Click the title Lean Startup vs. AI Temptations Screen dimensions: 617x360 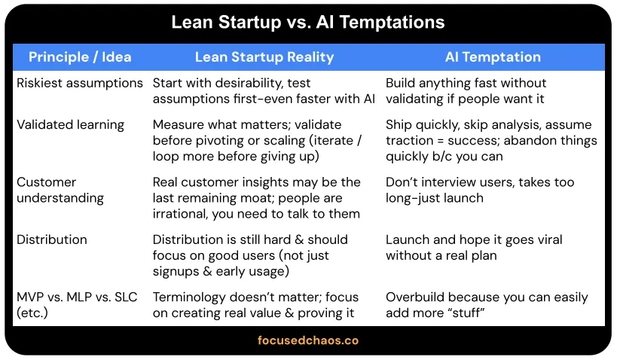pyautogui.click(x=308, y=23)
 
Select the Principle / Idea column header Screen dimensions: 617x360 pyautogui.click(x=80, y=57)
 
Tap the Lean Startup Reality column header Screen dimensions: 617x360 pyautogui.click(x=264, y=57)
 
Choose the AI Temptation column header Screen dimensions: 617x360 pyautogui.click(x=493, y=57)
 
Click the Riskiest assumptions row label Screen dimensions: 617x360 pyautogui.click(x=80, y=84)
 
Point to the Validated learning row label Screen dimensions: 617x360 pyautogui.click(x=70, y=125)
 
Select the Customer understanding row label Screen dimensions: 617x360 pyautogui.click(x=60, y=190)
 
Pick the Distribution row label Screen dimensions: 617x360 pyautogui.click(x=52, y=239)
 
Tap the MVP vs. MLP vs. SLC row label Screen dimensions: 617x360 pyautogui.click(x=77, y=305)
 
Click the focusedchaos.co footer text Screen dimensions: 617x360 pyautogui.click(x=308, y=340)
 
